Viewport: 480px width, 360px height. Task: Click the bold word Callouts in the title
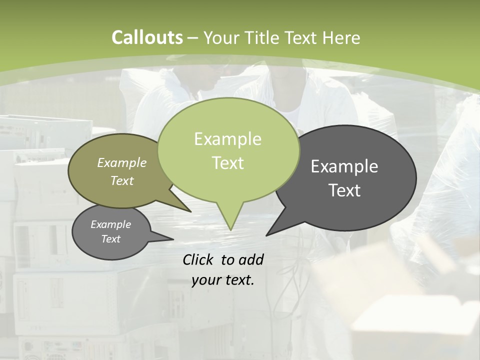coord(147,37)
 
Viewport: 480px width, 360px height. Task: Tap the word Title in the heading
coord(262,37)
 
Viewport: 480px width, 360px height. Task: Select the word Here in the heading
coord(342,37)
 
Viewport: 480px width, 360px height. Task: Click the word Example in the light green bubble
coord(227,139)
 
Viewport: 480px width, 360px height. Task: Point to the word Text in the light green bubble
coord(227,163)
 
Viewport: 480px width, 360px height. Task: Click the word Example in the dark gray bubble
coord(344,166)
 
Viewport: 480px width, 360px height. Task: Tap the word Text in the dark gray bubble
coord(344,190)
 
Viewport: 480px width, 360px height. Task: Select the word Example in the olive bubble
coord(122,162)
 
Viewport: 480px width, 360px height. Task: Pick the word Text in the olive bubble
coord(122,180)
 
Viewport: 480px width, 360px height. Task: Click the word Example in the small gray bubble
coord(111,224)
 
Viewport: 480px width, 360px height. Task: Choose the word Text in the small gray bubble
coord(111,239)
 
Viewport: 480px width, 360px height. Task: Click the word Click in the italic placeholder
coord(199,259)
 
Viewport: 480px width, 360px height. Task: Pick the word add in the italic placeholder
coord(250,259)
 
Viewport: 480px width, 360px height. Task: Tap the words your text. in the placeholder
coord(223,280)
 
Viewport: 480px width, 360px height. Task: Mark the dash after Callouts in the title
coord(193,38)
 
